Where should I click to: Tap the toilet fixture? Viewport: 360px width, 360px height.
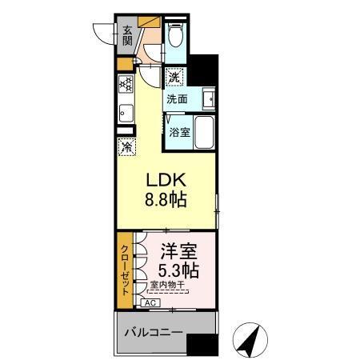pyautogui.click(x=177, y=35)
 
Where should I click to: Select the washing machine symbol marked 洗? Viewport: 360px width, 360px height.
pyautogui.click(x=175, y=78)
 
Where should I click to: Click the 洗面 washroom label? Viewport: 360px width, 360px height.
pyautogui.click(x=177, y=100)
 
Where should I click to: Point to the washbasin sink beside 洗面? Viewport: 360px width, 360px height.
pyautogui.click(x=208, y=100)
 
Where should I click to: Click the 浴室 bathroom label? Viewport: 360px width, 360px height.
pyautogui.click(x=179, y=132)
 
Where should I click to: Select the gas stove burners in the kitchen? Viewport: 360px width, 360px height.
pyautogui.click(x=126, y=83)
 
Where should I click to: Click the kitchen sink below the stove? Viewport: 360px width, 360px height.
pyautogui.click(x=126, y=112)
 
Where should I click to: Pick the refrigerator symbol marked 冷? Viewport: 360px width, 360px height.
pyautogui.click(x=127, y=146)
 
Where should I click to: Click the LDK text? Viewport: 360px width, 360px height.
pyautogui.click(x=166, y=181)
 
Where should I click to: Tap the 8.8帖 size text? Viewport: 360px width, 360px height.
pyautogui.click(x=166, y=200)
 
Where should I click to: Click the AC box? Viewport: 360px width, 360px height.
pyautogui.click(x=150, y=303)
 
